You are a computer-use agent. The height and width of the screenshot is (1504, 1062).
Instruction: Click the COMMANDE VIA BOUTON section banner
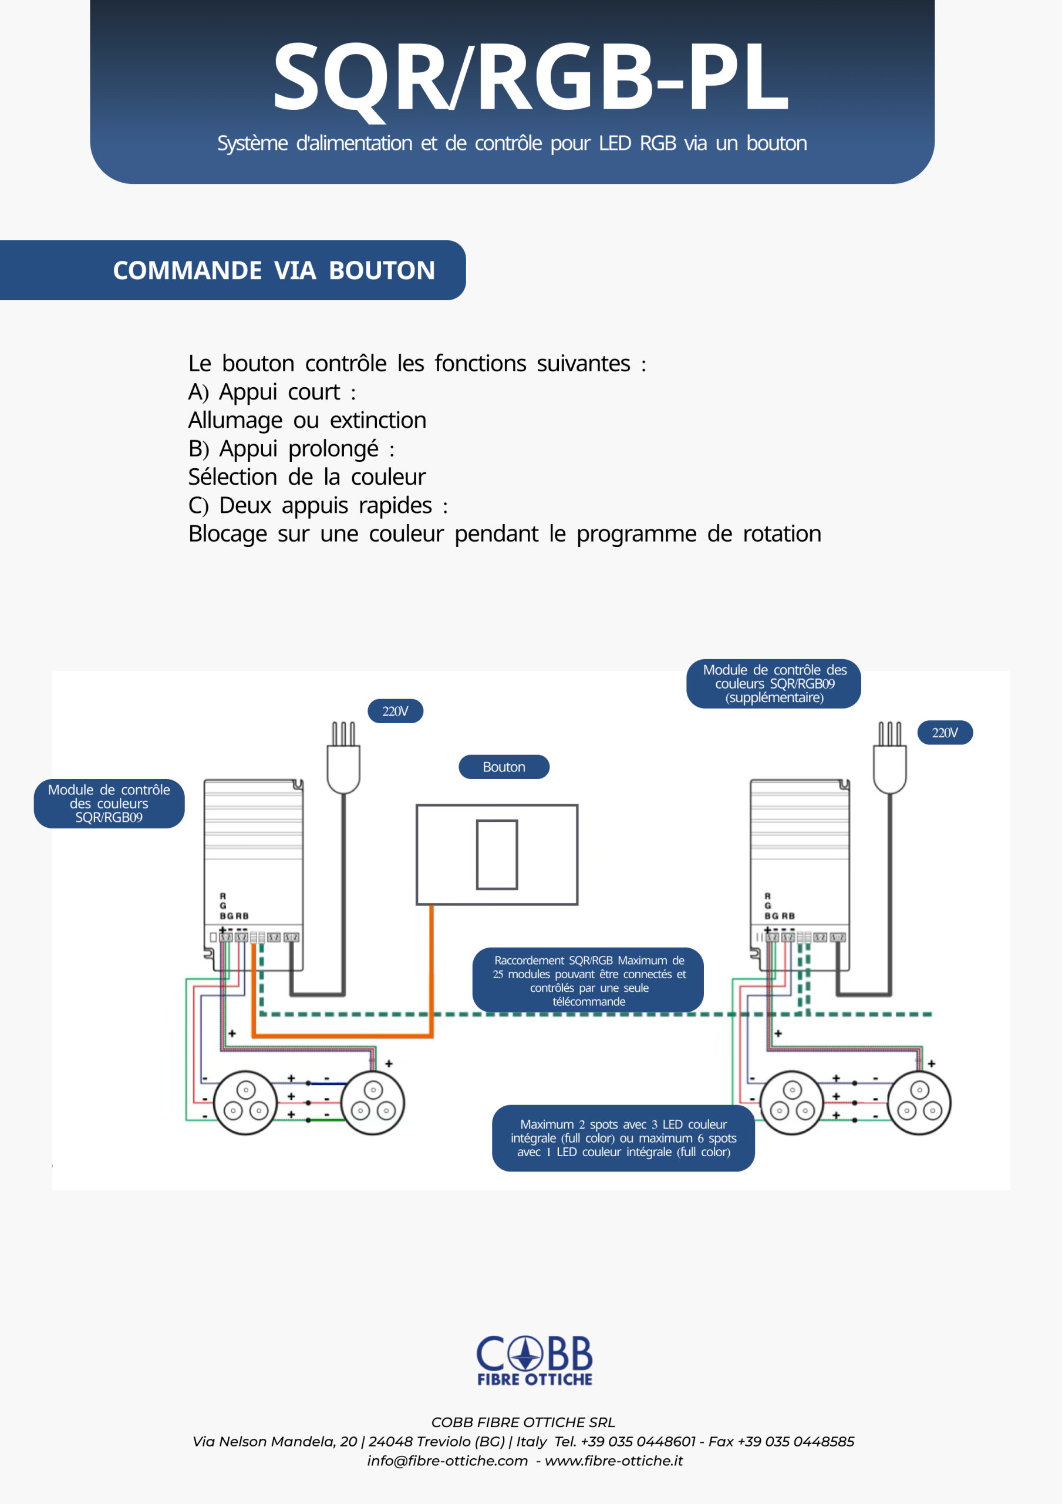pos(232,270)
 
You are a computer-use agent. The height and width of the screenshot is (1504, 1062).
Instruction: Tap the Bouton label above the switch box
pos(504,767)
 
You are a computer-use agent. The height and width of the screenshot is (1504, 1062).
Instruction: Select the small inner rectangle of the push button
pos(497,854)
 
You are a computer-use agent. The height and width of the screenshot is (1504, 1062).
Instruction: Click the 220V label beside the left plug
pos(396,711)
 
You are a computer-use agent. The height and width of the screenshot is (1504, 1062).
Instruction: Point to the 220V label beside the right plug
pos(945,733)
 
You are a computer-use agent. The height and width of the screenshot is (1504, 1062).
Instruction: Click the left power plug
pos(344,758)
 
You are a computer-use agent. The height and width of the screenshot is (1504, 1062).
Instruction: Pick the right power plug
pos(890,758)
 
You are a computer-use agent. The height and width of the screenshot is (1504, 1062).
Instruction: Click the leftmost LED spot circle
pos(245,1103)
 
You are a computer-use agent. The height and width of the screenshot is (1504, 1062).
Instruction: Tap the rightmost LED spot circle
pos(919,1103)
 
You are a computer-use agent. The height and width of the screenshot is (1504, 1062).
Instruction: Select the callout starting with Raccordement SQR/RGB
pos(588,980)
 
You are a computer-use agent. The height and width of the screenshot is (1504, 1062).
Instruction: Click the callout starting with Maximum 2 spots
pos(623,1138)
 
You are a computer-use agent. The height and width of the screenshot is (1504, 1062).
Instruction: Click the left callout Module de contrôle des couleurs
pos(109,803)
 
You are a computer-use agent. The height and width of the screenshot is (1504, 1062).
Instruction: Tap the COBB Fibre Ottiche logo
pos(534,1360)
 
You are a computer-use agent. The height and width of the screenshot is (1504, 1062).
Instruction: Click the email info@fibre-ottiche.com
pos(447,1461)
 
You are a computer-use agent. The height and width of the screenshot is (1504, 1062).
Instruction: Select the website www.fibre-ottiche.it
pos(613,1461)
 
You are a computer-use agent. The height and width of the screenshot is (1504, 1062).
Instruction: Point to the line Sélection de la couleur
pos(307,477)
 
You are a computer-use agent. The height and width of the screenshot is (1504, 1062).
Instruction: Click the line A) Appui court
pos(272,392)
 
